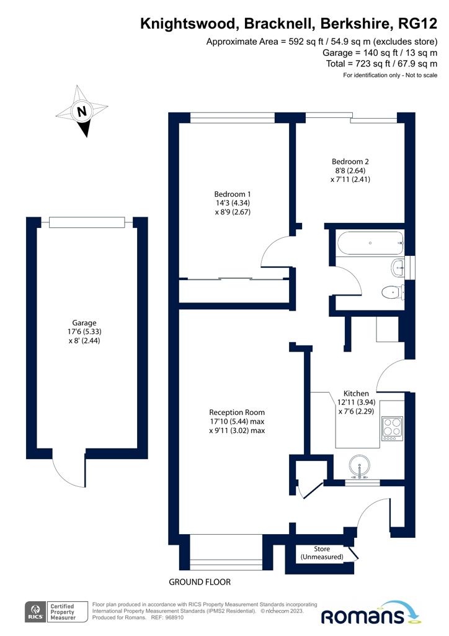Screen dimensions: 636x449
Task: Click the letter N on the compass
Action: click(x=81, y=111)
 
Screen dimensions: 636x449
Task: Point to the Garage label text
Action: click(x=84, y=332)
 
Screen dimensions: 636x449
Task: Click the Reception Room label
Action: click(x=237, y=421)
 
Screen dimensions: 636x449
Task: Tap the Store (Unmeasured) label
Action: click(x=321, y=553)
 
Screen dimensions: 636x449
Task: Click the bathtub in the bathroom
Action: click(x=370, y=243)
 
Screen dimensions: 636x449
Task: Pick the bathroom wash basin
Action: click(x=398, y=268)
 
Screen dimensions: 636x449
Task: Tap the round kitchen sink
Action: click(x=360, y=466)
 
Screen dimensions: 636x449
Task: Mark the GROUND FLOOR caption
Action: click(x=199, y=582)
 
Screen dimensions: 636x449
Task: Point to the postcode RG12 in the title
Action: click(x=417, y=24)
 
